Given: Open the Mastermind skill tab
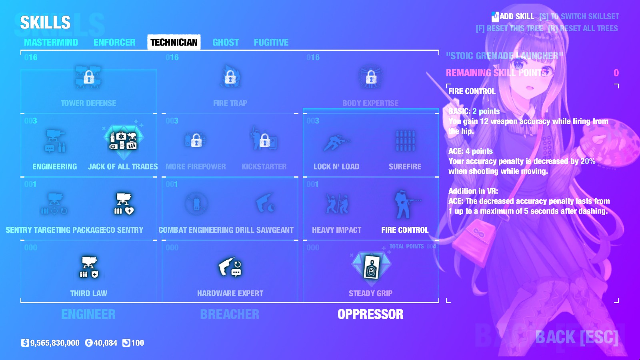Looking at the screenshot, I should click(51, 42).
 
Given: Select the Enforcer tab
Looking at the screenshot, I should click(114, 42).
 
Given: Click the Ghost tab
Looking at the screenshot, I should click(226, 42).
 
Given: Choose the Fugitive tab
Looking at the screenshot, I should click(271, 42).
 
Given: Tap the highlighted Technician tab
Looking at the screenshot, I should click(174, 42).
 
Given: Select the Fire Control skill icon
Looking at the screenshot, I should click(404, 204).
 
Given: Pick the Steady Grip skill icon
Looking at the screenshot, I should click(371, 267).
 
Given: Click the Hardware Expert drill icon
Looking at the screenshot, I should click(230, 267).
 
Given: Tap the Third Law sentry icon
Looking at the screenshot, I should click(89, 267).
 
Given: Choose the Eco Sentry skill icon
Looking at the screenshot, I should click(124, 204).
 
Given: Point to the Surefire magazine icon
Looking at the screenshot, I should click(405, 141).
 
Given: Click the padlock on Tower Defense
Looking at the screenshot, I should click(89, 76).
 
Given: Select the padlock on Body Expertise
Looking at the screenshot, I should click(371, 76).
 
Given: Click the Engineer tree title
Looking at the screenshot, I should click(88, 314).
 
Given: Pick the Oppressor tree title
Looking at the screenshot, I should click(370, 314).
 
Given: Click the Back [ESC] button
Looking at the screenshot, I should click(576, 337).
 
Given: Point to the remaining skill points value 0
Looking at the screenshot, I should click(616, 73).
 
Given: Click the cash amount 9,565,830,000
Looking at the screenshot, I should click(55, 343).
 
